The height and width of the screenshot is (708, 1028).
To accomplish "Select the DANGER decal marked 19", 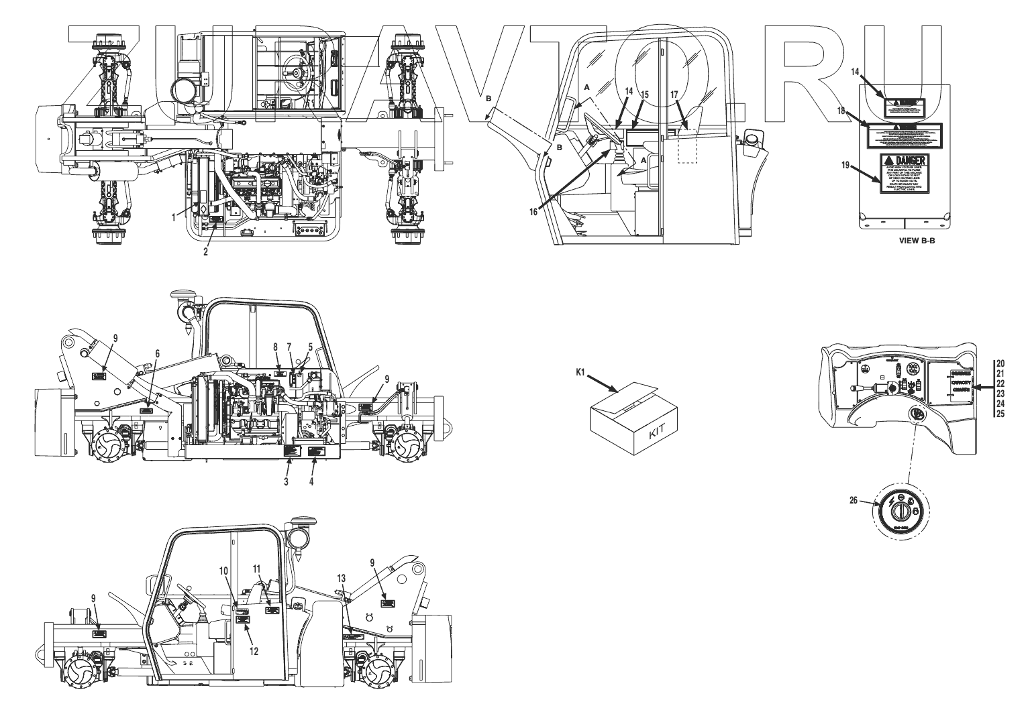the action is point(903,173).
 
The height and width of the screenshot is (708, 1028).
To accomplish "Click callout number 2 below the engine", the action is point(206,252).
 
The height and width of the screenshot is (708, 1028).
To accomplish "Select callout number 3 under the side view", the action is point(286,481).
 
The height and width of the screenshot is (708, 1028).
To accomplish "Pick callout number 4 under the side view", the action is point(311,481).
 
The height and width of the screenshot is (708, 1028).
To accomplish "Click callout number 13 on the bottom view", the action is point(342,577).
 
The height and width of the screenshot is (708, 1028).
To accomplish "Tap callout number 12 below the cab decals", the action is point(254,650).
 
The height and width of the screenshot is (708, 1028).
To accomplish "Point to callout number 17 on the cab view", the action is point(674,95).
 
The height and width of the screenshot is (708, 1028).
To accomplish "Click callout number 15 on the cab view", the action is point(645,95).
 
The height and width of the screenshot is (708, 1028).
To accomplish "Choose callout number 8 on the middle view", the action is point(275,347).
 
